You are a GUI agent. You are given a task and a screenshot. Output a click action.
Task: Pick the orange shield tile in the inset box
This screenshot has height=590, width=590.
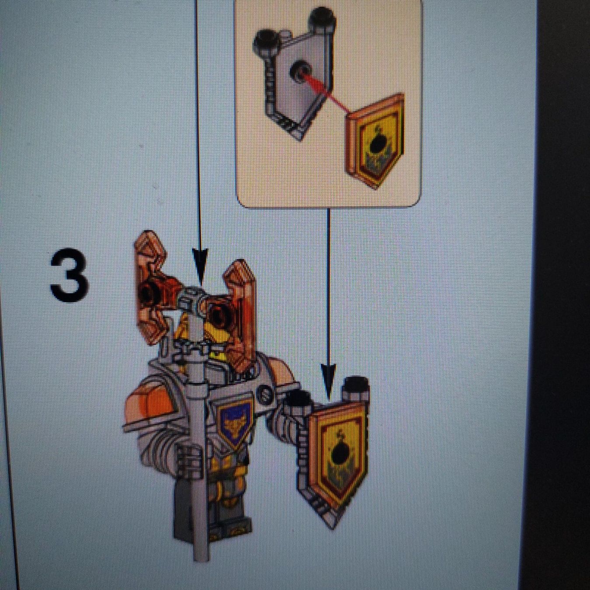[376, 141]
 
